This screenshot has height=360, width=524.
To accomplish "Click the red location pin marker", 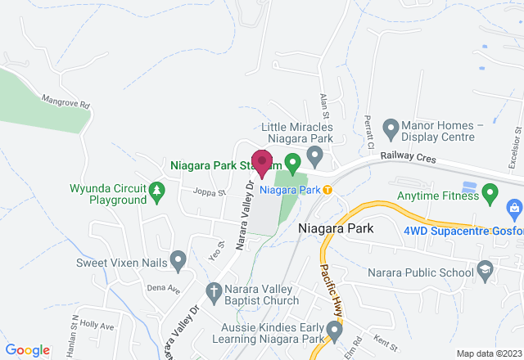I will (x=262, y=163).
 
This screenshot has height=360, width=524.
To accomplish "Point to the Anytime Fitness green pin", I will (x=490, y=195).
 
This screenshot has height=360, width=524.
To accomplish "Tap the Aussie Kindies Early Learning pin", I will (x=333, y=330).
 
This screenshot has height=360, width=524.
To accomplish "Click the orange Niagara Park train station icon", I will (x=327, y=190).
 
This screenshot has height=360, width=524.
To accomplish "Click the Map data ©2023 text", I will (x=488, y=353).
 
